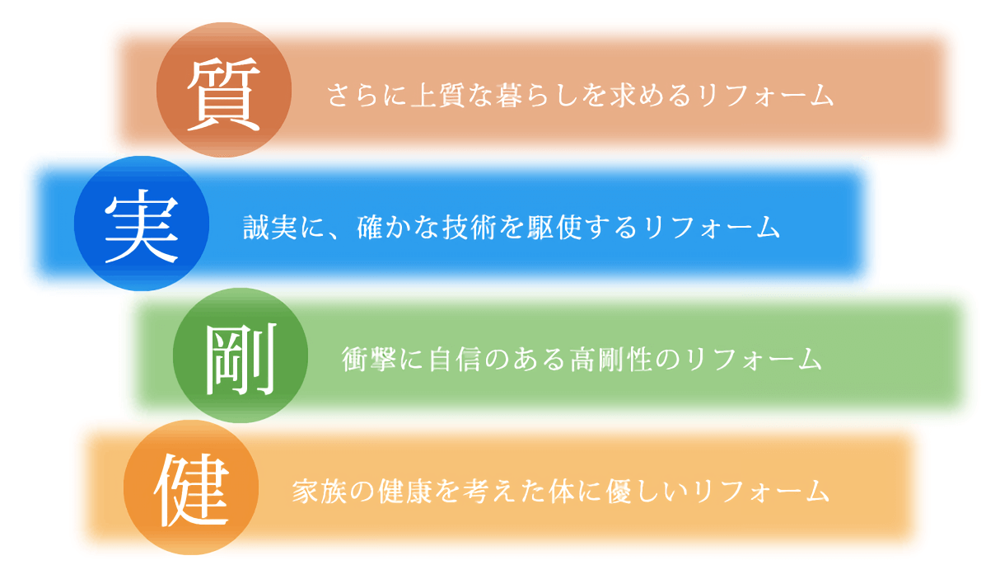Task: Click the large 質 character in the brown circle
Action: [x=224, y=94]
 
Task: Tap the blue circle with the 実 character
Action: [x=142, y=224]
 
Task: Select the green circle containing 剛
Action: [x=241, y=355]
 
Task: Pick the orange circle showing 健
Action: [x=191, y=487]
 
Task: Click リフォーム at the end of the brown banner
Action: [x=766, y=95]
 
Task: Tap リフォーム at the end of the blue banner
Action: [x=712, y=227]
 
